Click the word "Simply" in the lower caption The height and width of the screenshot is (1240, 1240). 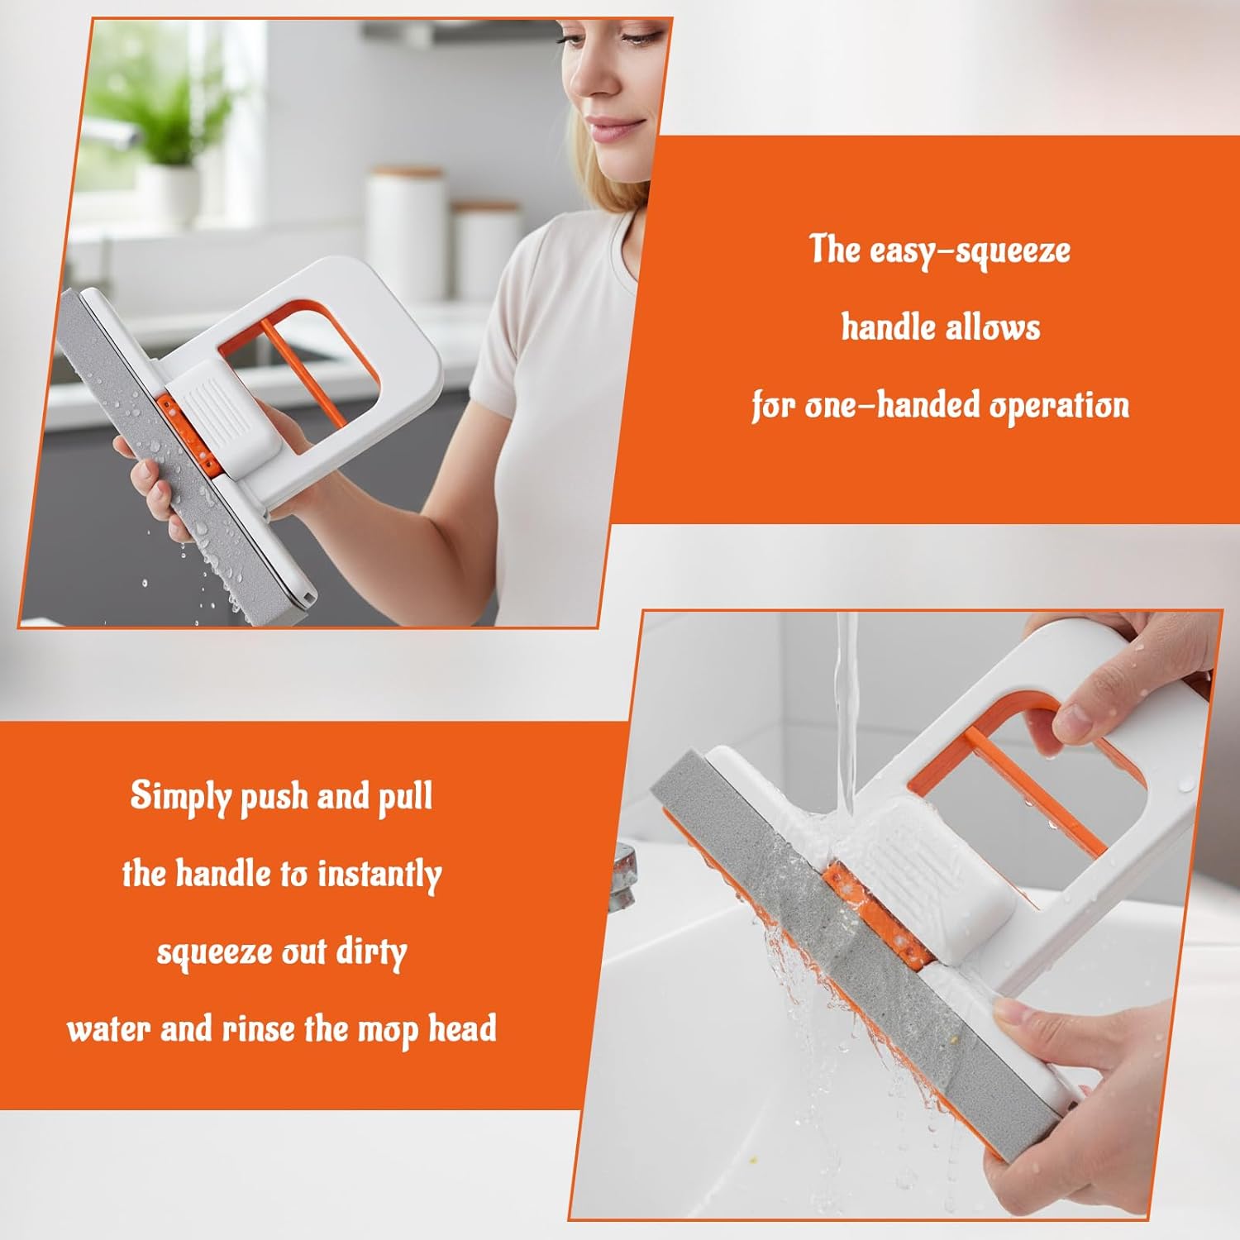(x=180, y=797)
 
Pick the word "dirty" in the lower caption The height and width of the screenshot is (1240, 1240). (x=371, y=952)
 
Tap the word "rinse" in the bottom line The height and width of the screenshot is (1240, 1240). (x=258, y=1029)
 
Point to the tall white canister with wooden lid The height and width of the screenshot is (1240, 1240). (x=404, y=231)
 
